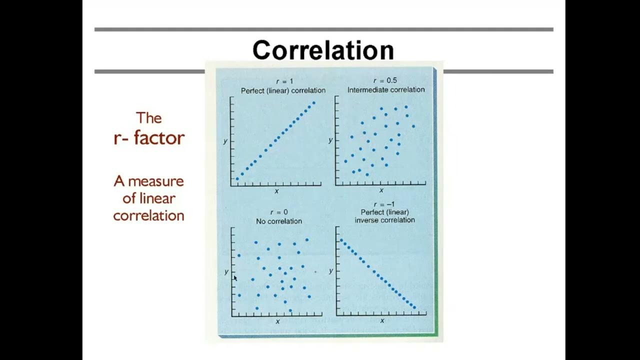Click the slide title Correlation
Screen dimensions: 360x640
pyautogui.click(x=323, y=50)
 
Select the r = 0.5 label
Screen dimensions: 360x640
pyautogui.click(x=385, y=80)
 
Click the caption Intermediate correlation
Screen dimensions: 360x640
pyautogui.click(x=386, y=89)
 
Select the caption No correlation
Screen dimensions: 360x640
pyautogui.click(x=279, y=221)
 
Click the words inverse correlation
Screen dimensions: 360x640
pyautogui.click(x=384, y=220)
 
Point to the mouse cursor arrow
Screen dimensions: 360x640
pyautogui.click(x=235, y=278)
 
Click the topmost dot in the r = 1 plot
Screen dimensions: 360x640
pyautogui.click(x=313, y=103)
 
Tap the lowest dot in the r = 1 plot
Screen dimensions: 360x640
pyautogui.click(x=237, y=178)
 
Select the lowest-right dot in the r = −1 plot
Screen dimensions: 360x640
pyautogui.click(x=414, y=307)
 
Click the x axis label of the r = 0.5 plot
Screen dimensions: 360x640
pyautogui.click(x=381, y=190)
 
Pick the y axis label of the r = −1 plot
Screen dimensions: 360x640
pyautogui.click(x=331, y=270)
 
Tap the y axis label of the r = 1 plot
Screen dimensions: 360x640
pyautogui.click(x=225, y=141)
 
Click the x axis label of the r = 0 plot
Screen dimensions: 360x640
pyautogui.click(x=277, y=321)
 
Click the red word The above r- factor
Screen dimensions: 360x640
pyautogui.click(x=149, y=118)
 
